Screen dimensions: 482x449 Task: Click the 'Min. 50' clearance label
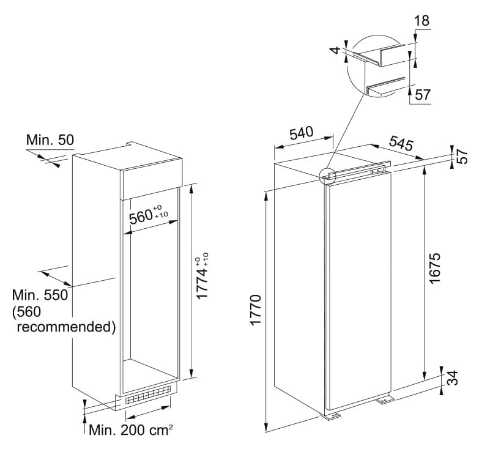click(x=50, y=140)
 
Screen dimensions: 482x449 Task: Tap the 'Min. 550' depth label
click(x=40, y=295)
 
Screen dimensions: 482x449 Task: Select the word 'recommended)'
click(x=66, y=327)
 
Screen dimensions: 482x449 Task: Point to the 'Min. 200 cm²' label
click(x=131, y=430)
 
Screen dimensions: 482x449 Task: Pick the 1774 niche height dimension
click(x=202, y=276)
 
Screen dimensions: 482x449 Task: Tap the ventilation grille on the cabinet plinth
click(x=148, y=395)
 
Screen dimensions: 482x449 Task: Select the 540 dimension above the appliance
click(x=301, y=133)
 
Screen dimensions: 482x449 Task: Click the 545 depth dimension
click(x=401, y=143)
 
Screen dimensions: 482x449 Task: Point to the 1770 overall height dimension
click(x=256, y=310)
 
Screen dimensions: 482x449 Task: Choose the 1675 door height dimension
click(x=435, y=269)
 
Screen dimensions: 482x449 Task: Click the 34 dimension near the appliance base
click(x=452, y=378)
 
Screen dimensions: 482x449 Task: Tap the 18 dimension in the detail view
click(x=422, y=21)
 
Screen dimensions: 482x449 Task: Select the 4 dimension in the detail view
click(x=336, y=50)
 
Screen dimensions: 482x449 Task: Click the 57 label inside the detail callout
click(x=423, y=95)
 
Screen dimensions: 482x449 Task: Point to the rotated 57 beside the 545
click(x=462, y=157)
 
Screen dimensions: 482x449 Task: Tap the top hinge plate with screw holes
click(x=378, y=171)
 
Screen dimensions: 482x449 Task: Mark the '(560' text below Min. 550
click(x=26, y=311)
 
